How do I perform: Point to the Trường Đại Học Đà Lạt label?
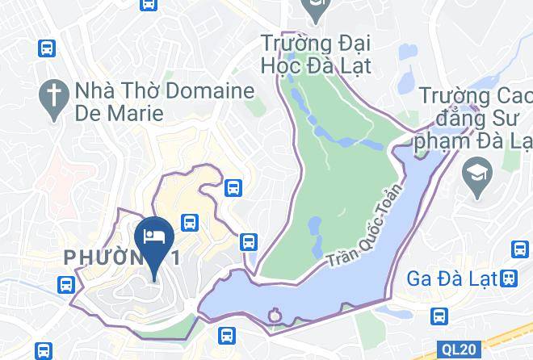pos(316,53)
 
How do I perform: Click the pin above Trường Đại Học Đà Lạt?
pos(313,8)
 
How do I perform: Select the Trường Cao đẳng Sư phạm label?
pos(475,121)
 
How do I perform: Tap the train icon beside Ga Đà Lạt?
pos(508,278)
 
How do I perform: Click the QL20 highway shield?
pos(460,350)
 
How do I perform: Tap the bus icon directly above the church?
pos(47,48)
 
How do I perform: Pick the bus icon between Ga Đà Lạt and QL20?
pos(439,315)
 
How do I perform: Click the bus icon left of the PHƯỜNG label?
pos(66,283)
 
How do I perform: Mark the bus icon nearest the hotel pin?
pos(191,221)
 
